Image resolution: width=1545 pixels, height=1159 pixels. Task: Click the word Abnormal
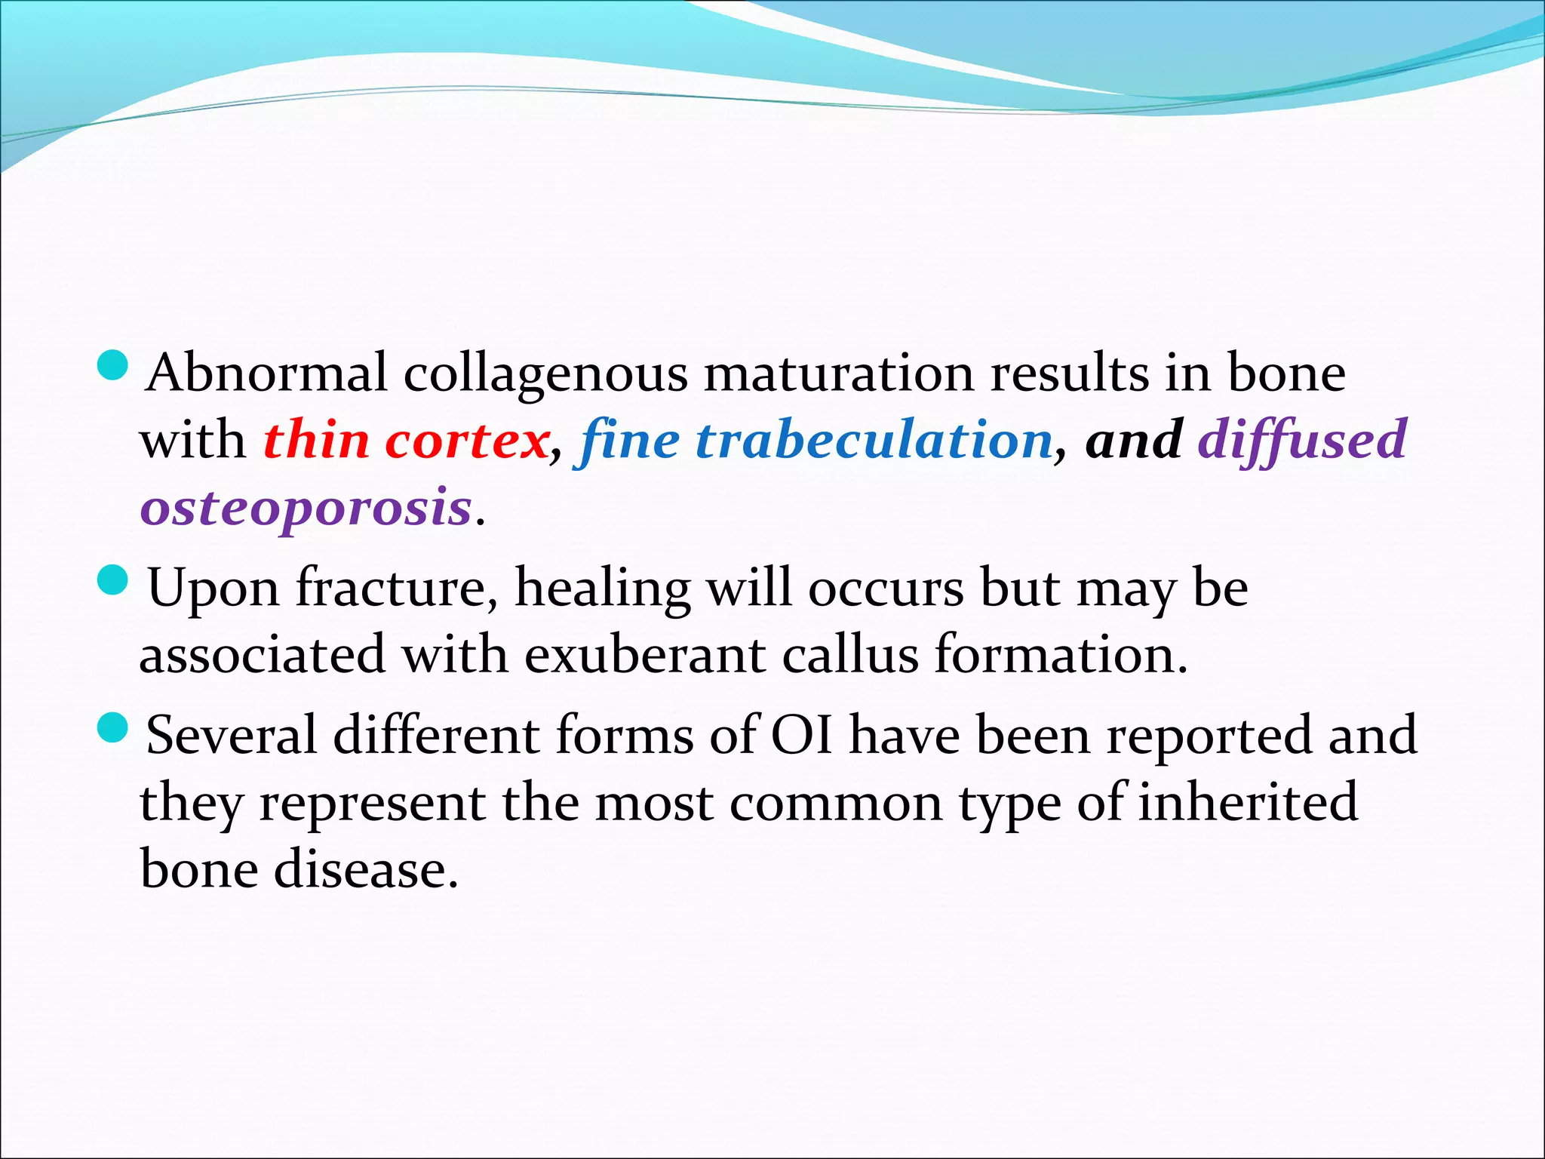[267, 373]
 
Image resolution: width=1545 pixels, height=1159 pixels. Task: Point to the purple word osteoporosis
[306, 508]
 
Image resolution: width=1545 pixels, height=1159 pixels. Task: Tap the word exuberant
[644, 654]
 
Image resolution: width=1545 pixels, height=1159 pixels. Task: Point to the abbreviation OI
[801, 735]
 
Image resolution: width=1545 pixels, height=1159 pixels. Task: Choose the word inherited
[1248, 802]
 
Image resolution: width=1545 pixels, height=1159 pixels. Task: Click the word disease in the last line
[365, 869]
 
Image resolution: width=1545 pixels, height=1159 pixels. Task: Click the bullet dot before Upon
[115, 579]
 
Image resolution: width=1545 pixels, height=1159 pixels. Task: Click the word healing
[602, 589]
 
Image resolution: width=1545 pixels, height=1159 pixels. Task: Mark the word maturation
[839, 374]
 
